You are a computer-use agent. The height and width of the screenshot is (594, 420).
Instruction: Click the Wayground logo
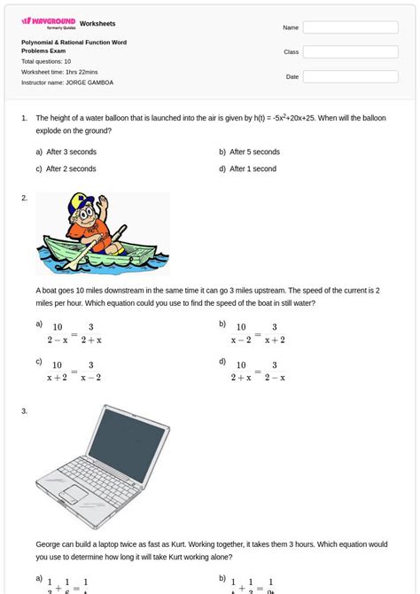[x=48, y=22]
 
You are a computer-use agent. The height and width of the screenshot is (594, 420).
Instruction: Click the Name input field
[x=350, y=27]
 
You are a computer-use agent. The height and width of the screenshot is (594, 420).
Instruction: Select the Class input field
[x=350, y=52]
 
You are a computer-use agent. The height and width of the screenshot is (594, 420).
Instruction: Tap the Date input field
[x=350, y=77]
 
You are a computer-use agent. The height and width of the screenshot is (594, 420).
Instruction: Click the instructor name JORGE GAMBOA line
[x=67, y=82]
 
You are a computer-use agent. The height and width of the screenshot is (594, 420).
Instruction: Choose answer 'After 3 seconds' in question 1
[x=71, y=152]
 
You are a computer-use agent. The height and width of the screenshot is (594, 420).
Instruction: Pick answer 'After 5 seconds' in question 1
[x=254, y=152]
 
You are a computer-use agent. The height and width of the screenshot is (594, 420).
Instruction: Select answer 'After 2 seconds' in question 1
[x=71, y=168]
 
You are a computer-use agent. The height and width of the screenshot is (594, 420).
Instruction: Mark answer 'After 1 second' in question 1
[x=253, y=168]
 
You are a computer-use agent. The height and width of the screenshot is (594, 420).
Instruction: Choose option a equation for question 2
[x=76, y=333]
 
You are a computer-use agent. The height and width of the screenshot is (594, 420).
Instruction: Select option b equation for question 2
[x=259, y=333]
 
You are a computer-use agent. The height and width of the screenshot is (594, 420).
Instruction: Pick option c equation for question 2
[x=76, y=371]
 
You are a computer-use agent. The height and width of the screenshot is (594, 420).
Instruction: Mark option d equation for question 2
[x=259, y=371]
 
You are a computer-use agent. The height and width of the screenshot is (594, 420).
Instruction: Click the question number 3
[x=25, y=410]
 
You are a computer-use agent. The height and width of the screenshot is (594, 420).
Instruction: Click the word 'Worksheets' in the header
[x=97, y=23]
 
